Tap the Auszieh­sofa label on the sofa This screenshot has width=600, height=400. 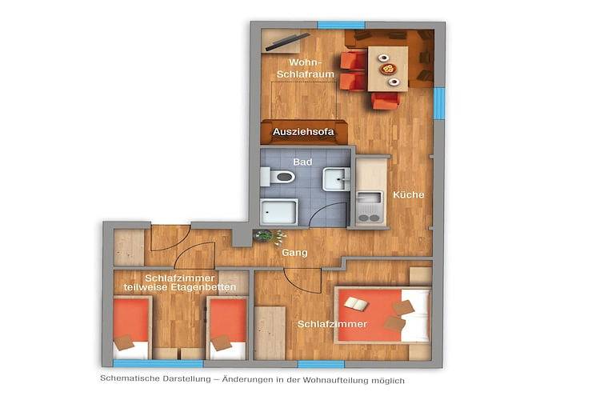(x=298, y=132)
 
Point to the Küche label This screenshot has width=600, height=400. (x=408, y=194)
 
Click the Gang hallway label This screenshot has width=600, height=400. (x=294, y=253)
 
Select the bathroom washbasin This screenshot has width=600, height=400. (x=334, y=180)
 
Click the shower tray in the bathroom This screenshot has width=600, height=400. (x=279, y=212)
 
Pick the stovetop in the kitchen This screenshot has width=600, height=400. (x=369, y=214)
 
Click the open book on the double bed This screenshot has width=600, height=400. (x=355, y=304)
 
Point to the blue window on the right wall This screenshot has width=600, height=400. (x=439, y=102)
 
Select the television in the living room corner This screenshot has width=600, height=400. (x=284, y=41)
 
